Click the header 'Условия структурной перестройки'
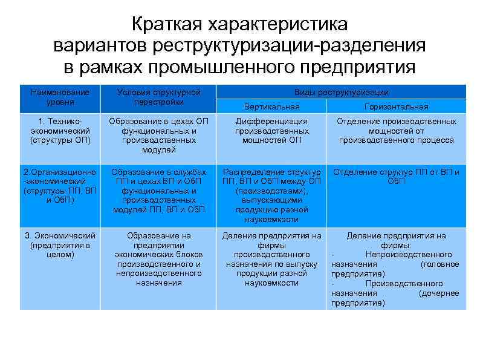[159, 97]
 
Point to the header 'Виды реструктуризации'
[341, 92]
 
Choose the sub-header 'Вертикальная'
[271, 106]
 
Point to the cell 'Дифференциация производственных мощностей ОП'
[271, 131]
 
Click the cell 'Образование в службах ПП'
[159, 191]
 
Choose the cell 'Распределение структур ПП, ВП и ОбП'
[271, 195]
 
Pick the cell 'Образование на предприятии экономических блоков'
[159, 259]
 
